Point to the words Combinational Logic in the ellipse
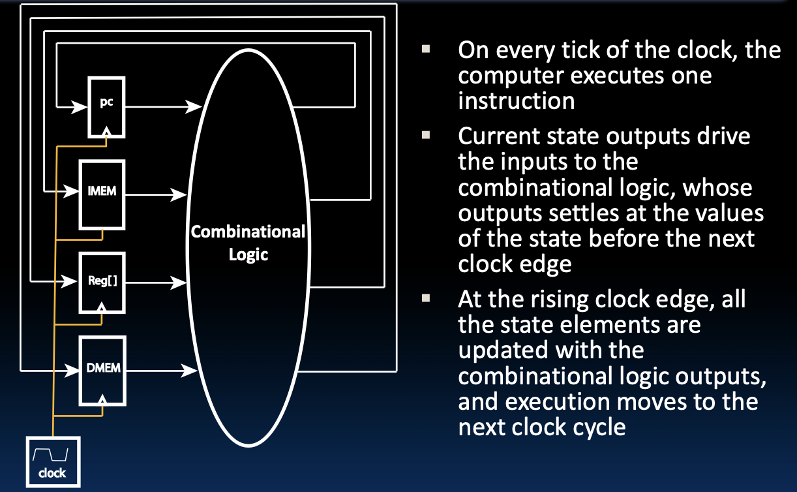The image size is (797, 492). (x=248, y=243)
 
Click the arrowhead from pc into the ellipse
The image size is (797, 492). (x=195, y=105)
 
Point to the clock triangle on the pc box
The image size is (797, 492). (x=108, y=132)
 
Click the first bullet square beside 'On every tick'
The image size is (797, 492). (x=427, y=49)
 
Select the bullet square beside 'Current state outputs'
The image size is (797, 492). (x=427, y=136)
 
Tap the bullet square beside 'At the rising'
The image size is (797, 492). (x=427, y=299)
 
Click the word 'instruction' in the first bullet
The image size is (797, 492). (x=516, y=101)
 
